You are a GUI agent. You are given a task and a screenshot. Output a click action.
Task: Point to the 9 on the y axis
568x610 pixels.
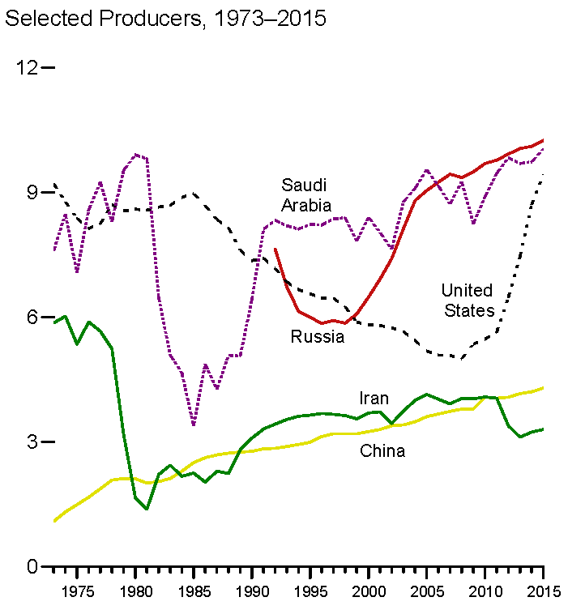click(33, 192)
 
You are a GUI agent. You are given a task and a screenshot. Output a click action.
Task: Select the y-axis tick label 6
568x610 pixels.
click(33, 317)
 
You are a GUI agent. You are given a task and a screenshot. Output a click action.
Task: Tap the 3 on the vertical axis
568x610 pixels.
click(33, 442)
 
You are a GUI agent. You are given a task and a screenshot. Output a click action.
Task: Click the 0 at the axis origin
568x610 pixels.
click(33, 566)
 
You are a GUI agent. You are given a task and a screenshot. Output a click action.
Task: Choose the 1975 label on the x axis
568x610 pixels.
click(78, 590)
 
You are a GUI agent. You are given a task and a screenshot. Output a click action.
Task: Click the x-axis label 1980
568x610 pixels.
click(136, 590)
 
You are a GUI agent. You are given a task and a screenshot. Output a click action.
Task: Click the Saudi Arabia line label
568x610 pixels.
click(306, 194)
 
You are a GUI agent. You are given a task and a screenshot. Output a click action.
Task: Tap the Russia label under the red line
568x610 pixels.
click(318, 337)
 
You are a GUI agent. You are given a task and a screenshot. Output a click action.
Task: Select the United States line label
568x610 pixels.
click(467, 300)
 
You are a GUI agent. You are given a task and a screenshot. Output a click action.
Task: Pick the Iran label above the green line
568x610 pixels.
click(374, 399)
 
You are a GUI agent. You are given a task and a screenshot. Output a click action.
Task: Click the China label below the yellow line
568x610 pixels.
click(382, 451)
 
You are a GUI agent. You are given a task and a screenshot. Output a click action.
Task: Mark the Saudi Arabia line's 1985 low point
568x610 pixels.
click(194, 424)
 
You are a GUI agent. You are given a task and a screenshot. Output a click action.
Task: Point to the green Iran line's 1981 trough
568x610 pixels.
click(147, 509)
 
